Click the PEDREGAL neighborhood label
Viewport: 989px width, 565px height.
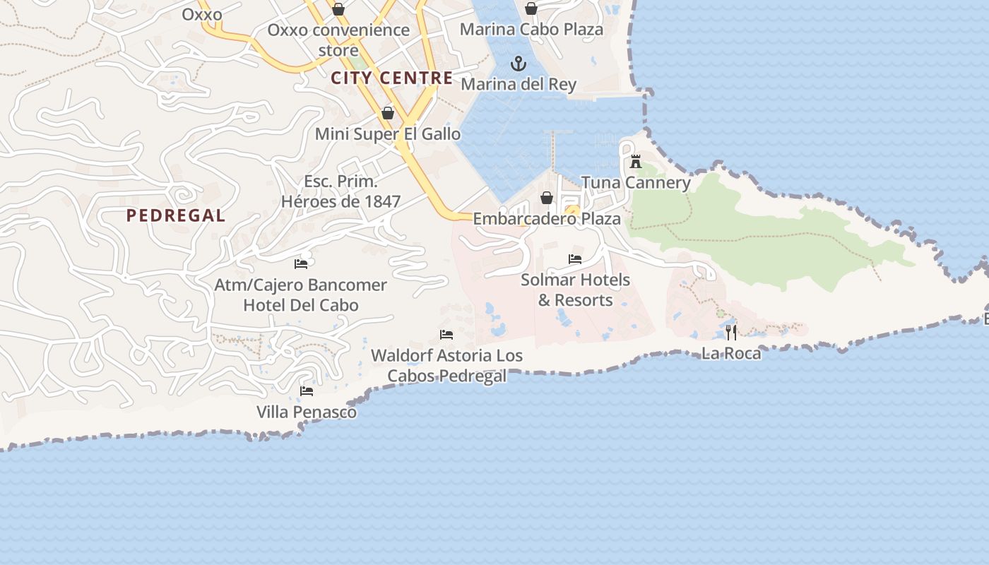coord(176,216)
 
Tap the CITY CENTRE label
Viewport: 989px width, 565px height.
coord(391,78)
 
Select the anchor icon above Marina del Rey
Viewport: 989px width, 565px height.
coord(519,64)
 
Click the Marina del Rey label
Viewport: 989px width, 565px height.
coord(519,85)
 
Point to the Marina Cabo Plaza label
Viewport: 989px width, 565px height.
coord(531,30)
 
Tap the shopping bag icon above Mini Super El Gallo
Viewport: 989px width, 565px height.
coord(387,113)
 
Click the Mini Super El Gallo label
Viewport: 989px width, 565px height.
coord(387,134)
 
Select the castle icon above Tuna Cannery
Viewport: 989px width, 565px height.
coord(636,162)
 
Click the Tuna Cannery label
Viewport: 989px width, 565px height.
coord(636,183)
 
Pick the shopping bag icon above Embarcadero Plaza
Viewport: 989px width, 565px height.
coord(546,198)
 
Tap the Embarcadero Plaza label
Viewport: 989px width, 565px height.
coord(546,219)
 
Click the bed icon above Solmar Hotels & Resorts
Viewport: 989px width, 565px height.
coord(575,259)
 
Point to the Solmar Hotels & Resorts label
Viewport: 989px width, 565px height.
coord(575,290)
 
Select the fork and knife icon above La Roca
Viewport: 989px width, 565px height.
coord(731,332)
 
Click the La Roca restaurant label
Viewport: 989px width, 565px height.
coord(731,353)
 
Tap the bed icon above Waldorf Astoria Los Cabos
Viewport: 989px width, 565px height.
coord(446,335)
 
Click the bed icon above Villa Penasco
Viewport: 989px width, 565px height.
coord(307,391)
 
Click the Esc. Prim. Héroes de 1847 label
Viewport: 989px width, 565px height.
coord(340,191)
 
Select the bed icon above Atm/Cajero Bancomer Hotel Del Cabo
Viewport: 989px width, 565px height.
coord(301,264)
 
